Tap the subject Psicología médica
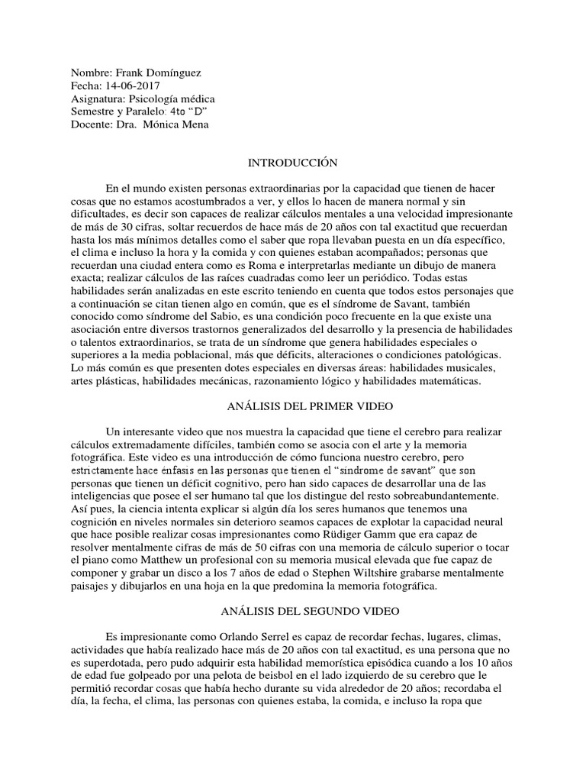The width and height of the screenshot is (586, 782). (172, 99)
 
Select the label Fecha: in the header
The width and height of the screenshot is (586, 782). (84, 86)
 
